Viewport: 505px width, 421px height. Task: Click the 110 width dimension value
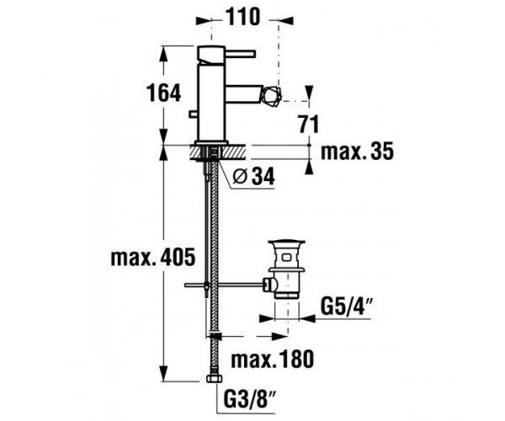(x=242, y=17)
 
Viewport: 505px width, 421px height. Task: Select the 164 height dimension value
(x=163, y=93)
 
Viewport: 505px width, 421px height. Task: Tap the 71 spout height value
(x=309, y=124)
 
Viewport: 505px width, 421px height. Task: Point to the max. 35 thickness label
(x=357, y=152)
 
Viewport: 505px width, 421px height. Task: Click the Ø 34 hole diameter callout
(x=254, y=177)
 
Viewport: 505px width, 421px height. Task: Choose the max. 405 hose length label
(x=153, y=258)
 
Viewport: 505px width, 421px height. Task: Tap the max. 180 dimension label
(x=272, y=359)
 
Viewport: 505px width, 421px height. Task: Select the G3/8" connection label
(x=250, y=399)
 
